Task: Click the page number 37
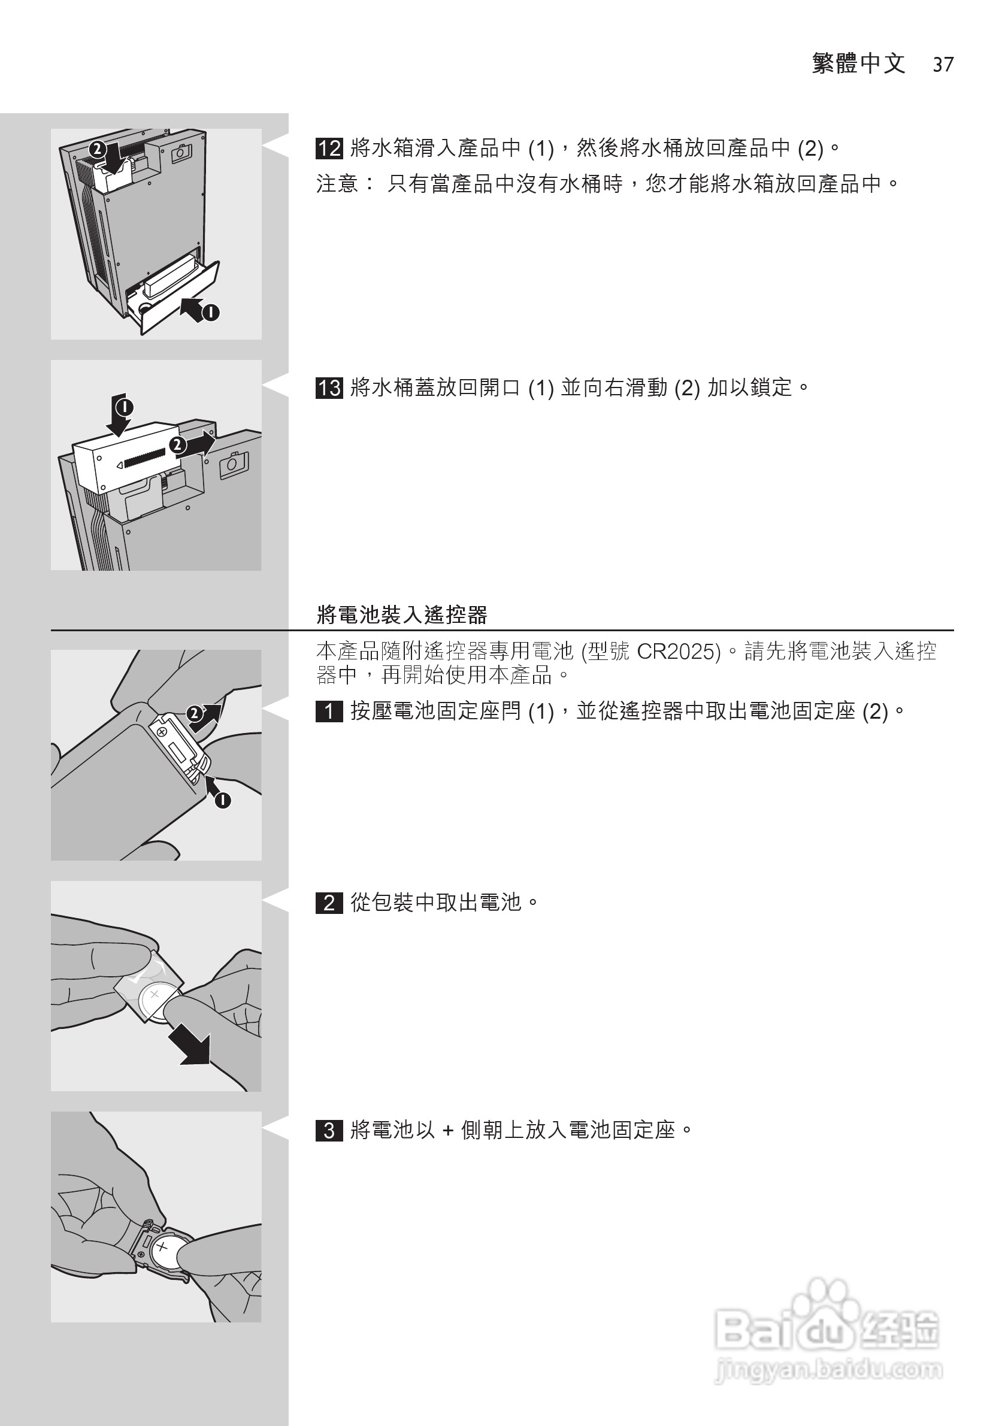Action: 943,65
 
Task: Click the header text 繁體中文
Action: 858,63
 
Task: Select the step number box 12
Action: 329,149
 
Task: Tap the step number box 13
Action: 329,388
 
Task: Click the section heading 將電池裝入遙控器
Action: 402,615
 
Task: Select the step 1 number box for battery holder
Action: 329,711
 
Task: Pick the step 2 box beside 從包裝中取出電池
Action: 329,903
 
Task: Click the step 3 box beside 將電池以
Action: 329,1130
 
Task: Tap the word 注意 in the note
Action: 337,184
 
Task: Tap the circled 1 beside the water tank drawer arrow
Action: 211,312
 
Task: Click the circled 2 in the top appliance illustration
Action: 97,150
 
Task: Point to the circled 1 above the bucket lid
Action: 124,407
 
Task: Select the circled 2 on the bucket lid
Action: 178,446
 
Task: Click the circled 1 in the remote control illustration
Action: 222,801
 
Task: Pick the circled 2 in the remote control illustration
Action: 195,714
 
